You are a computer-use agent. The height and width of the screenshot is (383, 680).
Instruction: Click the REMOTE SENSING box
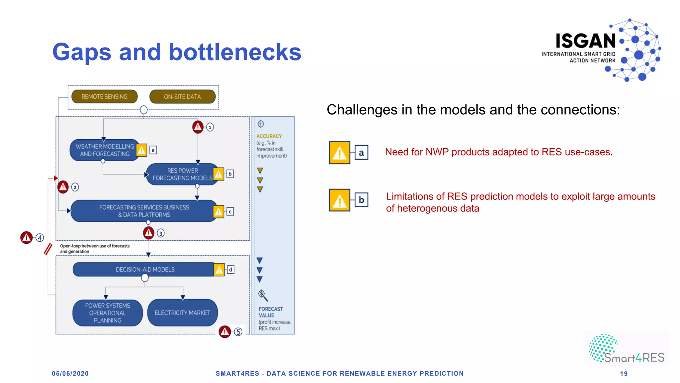click(x=104, y=97)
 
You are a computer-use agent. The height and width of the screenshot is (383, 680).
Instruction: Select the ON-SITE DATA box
click(x=182, y=97)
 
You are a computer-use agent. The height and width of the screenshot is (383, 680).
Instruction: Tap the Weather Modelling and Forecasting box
click(x=104, y=150)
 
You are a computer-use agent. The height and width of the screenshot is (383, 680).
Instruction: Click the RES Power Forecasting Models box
click(x=182, y=174)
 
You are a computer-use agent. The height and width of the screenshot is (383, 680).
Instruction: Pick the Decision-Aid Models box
click(x=145, y=269)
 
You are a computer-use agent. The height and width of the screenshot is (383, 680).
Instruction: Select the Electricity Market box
click(x=182, y=313)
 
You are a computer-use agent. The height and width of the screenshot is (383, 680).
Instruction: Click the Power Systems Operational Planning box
click(x=108, y=313)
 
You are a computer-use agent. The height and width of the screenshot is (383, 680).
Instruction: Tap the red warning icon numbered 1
click(x=198, y=127)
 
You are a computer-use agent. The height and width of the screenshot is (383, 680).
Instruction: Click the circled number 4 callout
click(x=40, y=238)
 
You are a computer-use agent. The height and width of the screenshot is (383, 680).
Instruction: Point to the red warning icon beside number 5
click(x=225, y=331)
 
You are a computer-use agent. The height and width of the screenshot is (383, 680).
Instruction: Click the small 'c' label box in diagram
click(x=230, y=211)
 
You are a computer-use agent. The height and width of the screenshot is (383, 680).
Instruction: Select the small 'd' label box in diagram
click(x=230, y=269)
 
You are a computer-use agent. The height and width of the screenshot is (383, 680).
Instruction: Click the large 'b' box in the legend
click(x=361, y=200)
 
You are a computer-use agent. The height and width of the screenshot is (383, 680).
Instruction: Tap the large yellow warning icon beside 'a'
click(x=339, y=153)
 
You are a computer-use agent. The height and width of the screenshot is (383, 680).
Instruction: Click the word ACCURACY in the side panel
click(x=269, y=136)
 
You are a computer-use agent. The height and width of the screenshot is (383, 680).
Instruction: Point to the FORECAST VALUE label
click(x=271, y=312)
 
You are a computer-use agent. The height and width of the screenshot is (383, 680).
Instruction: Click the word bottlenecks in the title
click(x=235, y=52)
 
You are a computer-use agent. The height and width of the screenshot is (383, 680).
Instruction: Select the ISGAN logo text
click(x=586, y=41)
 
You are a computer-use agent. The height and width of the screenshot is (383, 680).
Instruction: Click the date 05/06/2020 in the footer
click(x=70, y=373)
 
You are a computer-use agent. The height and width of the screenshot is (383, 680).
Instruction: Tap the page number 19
click(x=624, y=374)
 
